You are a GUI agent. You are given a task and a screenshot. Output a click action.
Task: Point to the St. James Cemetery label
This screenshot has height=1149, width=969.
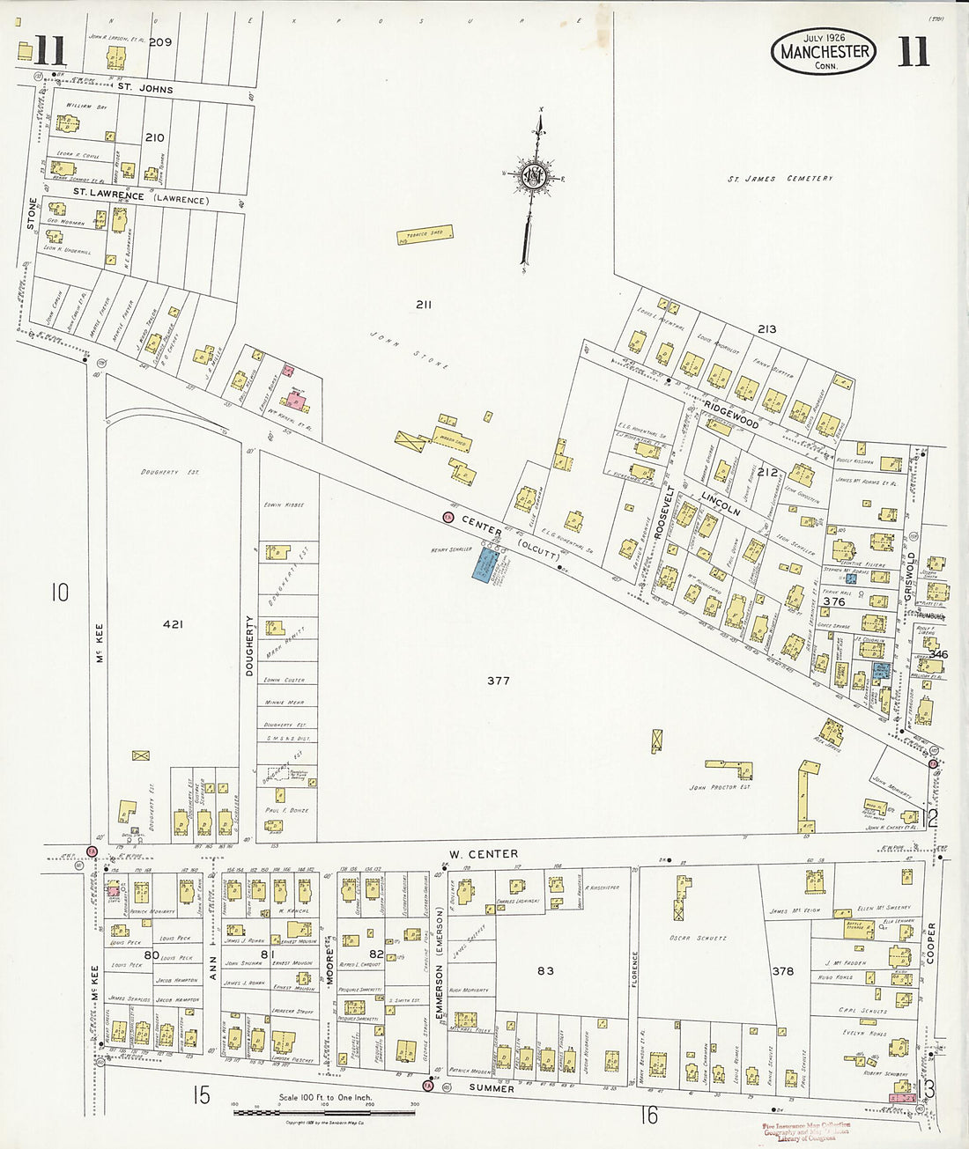coord(780,179)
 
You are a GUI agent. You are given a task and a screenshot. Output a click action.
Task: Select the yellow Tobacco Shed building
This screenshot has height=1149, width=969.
coord(425,234)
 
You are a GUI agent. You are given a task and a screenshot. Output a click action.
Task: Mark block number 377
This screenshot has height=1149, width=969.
coord(499,681)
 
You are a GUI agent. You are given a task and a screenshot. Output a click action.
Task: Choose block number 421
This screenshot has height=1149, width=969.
coord(173,623)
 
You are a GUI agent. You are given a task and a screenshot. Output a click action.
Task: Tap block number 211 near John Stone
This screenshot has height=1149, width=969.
coord(424,305)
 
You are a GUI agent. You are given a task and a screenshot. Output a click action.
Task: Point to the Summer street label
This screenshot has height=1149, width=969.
coord(491,1088)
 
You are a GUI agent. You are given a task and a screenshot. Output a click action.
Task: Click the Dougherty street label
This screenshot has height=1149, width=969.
coord(249,645)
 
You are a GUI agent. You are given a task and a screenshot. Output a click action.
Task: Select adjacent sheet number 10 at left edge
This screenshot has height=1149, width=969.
coord(58,592)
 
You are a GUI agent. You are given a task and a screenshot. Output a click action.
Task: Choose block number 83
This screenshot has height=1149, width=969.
coord(545,970)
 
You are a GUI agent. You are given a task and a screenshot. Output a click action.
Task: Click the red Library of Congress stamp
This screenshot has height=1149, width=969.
coord(806,1131)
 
